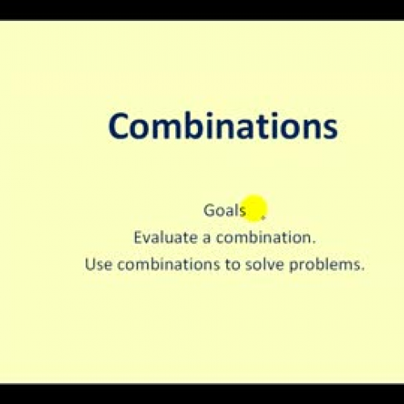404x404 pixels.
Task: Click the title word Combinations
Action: (222, 127)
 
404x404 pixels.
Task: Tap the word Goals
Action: (225, 210)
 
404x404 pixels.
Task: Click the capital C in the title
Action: (120, 127)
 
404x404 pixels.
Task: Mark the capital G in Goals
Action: (209, 210)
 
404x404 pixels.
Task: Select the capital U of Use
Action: (89, 263)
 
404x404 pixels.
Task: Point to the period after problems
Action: (364, 267)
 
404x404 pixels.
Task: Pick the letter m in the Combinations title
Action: (164, 129)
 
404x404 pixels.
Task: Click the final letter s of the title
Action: (329, 129)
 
